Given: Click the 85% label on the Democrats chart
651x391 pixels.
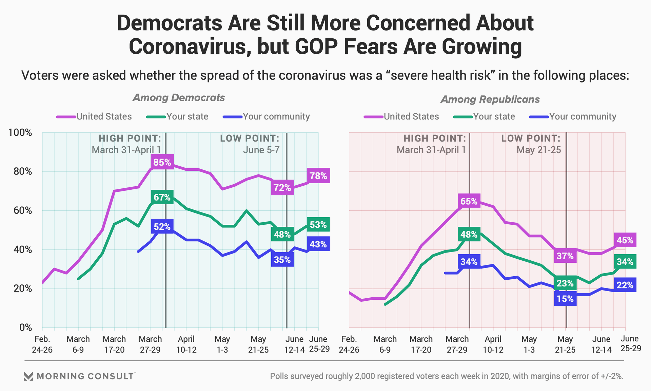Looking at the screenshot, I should (162, 162).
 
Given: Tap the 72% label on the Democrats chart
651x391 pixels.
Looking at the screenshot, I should (282, 187).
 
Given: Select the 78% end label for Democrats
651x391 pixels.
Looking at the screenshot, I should (318, 176).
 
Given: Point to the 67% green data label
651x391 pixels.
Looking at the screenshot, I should (162, 197).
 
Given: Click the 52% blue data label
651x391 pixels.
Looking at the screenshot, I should (162, 226).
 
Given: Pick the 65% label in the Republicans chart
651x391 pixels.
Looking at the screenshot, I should (469, 201).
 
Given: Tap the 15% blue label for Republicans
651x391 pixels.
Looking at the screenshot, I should (565, 299).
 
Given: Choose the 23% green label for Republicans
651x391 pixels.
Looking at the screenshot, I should (565, 283).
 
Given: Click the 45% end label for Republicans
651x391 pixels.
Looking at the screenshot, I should (625, 240).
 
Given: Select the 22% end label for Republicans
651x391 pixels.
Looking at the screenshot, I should (625, 285).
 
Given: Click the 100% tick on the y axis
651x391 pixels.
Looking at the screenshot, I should (20, 132).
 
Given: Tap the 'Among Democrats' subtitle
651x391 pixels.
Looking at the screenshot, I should (179, 98).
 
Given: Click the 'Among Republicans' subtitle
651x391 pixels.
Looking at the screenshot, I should (490, 99).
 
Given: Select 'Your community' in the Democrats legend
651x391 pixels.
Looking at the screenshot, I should (276, 116).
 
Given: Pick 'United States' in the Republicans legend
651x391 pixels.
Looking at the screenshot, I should (411, 116).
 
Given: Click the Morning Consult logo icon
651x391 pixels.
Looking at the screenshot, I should (28, 376).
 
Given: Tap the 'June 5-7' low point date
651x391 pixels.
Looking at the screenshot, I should (261, 150).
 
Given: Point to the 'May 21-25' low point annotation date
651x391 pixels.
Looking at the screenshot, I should (539, 150).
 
